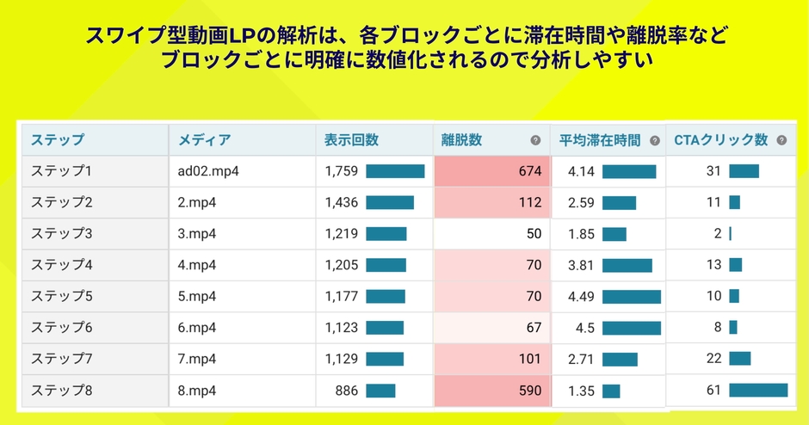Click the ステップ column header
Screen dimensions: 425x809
(58, 140)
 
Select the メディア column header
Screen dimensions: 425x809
(204, 140)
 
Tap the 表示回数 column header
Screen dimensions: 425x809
(351, 140)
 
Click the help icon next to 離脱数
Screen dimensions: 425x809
(535, 141)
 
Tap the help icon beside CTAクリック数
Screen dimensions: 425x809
(781, 140)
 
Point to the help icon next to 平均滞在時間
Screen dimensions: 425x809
(654, 141)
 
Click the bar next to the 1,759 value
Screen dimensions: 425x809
(395, 171)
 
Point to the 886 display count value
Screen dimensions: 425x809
(346, 391)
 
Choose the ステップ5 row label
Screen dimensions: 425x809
(61, 296)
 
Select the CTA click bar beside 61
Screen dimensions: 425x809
(757, 391)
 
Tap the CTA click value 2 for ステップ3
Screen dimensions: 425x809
(717, 234)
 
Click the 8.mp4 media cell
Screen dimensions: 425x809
(197, 391)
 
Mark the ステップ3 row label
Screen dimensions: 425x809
(61, 234)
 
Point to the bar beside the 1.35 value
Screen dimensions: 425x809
(611, 391)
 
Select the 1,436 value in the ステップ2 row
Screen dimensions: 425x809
(341, 202)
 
